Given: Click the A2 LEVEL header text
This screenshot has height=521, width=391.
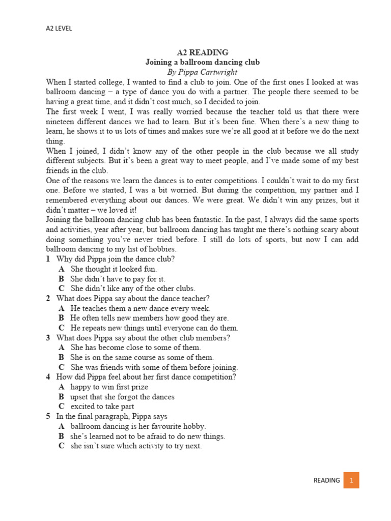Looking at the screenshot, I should coord(59,28).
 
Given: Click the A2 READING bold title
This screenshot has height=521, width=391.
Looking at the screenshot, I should coord(203,52).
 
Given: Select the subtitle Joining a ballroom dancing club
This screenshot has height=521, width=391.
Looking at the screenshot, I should coord(203,62).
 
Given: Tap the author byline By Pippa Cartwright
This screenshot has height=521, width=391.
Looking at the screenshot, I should coord(203,72).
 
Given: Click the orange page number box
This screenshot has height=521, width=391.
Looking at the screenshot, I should coord(351,480).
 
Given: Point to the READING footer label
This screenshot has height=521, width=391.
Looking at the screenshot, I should coord(326,480).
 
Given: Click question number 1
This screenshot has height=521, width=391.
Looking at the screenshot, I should coord(48,259).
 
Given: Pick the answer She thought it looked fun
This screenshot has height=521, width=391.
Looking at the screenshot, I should coord(114,269).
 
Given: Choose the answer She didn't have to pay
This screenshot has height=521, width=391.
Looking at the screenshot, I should coord(118,279).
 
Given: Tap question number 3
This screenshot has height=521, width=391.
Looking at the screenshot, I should coord(48,338).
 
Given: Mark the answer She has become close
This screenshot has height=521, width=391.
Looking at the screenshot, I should coord(135,348).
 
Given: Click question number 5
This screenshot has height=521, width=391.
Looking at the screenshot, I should coord(48,416).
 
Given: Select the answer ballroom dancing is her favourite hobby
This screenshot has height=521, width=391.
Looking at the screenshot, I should coord(138,426).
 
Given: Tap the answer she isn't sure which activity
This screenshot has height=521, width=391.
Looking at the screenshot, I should coord(136,446).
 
